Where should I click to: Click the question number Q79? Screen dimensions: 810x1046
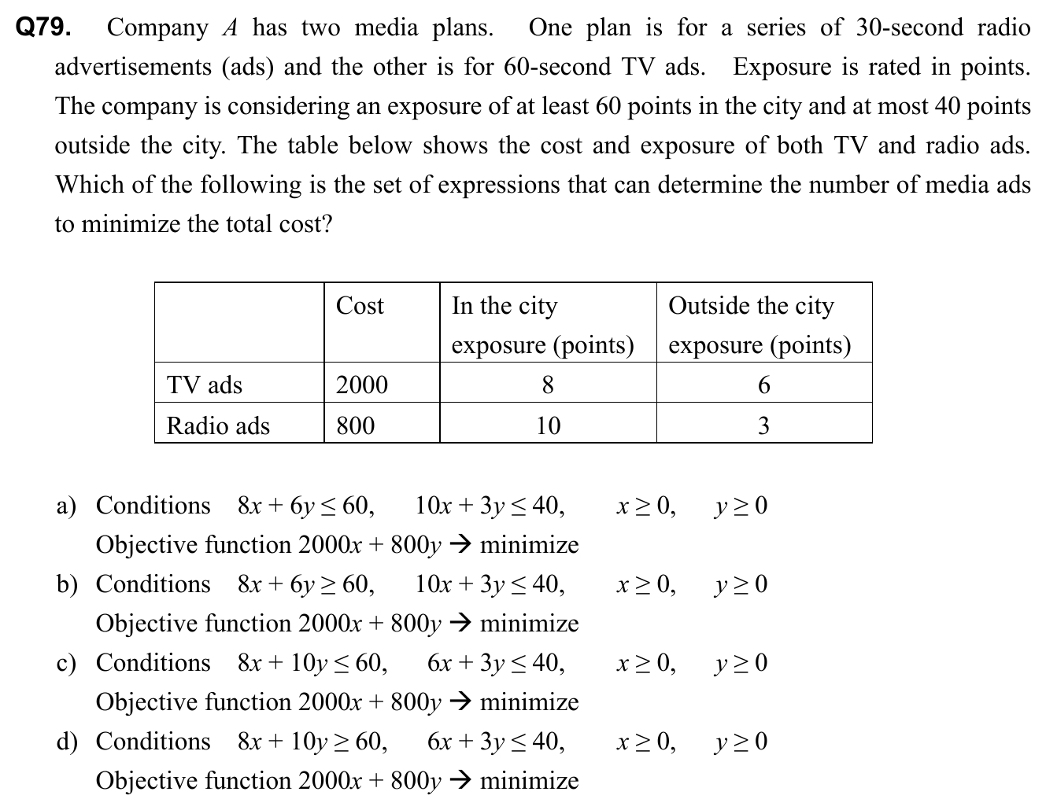click(44, 28)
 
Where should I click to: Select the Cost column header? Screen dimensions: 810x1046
click(360, 305)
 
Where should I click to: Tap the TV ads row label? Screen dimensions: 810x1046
click(204, 385)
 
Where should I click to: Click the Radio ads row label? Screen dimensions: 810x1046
click(218, 425)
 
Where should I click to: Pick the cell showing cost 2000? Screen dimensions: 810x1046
click(361, 385)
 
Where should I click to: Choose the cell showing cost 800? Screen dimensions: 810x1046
click(355, 425)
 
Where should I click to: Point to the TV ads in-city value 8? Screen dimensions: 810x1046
click(548, 385)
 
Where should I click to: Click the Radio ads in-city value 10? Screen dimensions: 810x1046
click(548, 425)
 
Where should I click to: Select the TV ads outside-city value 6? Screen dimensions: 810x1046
click(763, 385)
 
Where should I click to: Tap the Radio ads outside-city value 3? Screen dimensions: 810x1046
click(763, 425)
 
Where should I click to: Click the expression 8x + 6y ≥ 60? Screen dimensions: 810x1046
click(305, 584)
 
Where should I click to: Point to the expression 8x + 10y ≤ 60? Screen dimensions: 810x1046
click(312, 663)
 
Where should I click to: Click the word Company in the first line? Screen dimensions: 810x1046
click(157, 28)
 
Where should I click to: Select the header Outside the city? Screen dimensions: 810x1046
click(751, 305)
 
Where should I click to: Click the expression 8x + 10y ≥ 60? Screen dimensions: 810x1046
click(312, 742)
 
